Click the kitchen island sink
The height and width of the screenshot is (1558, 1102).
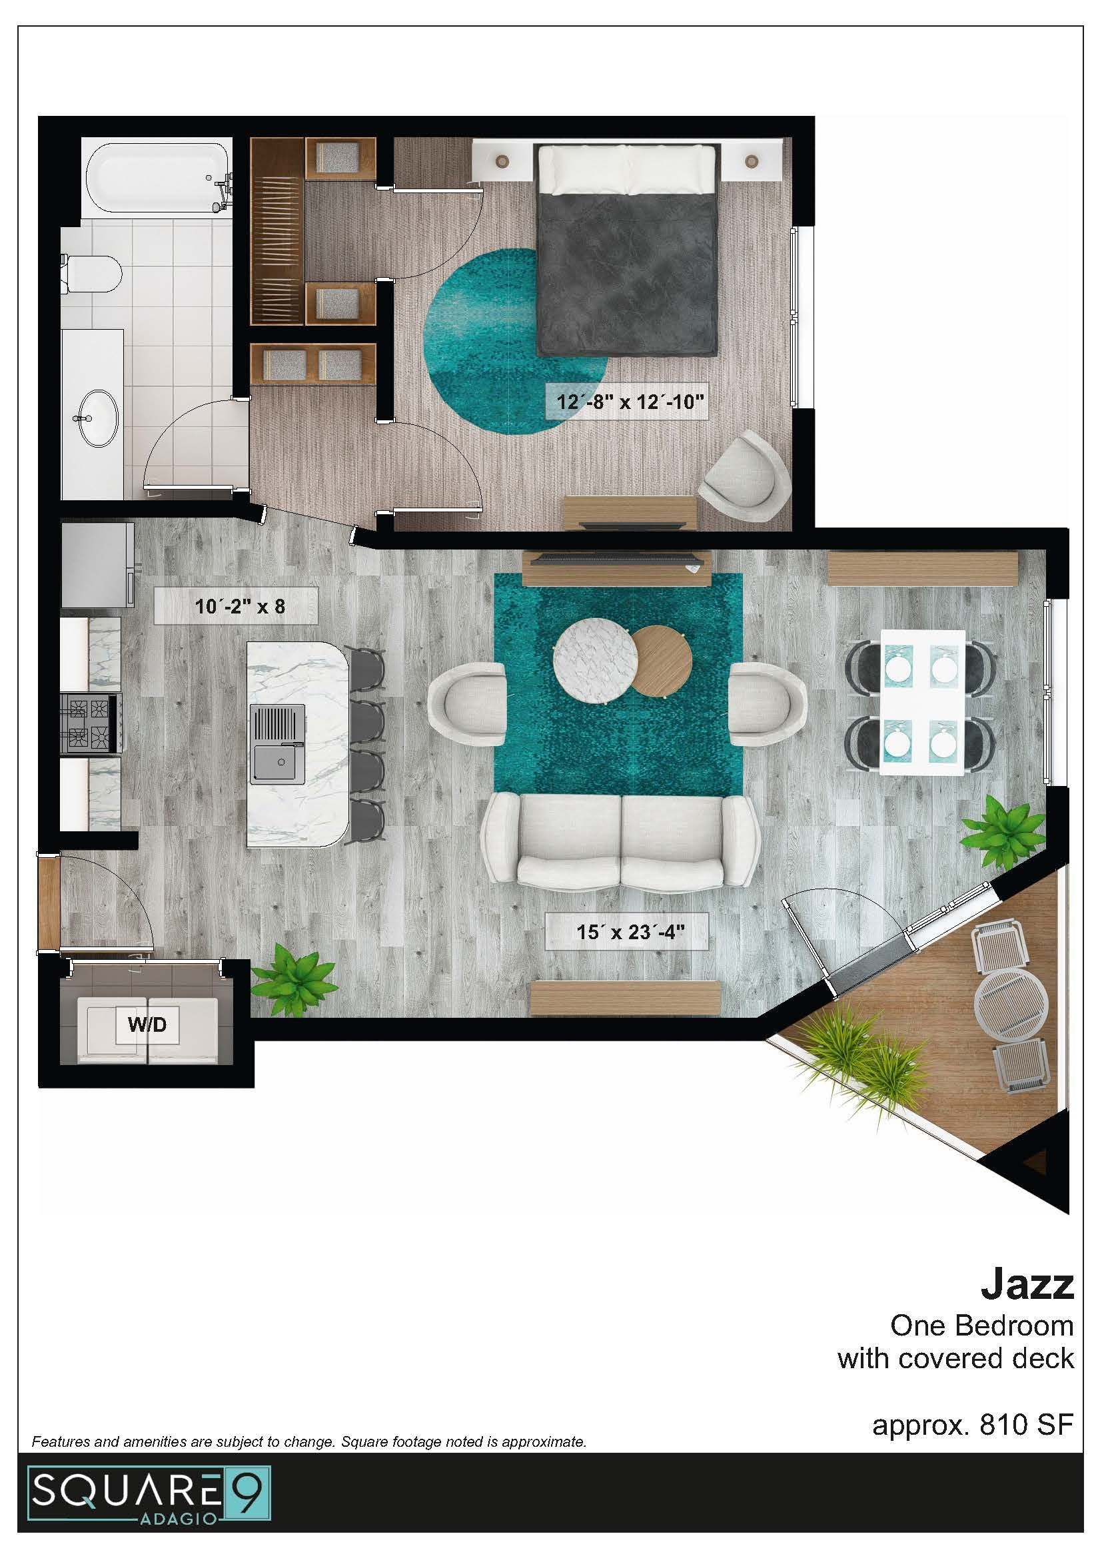[278, 745]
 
